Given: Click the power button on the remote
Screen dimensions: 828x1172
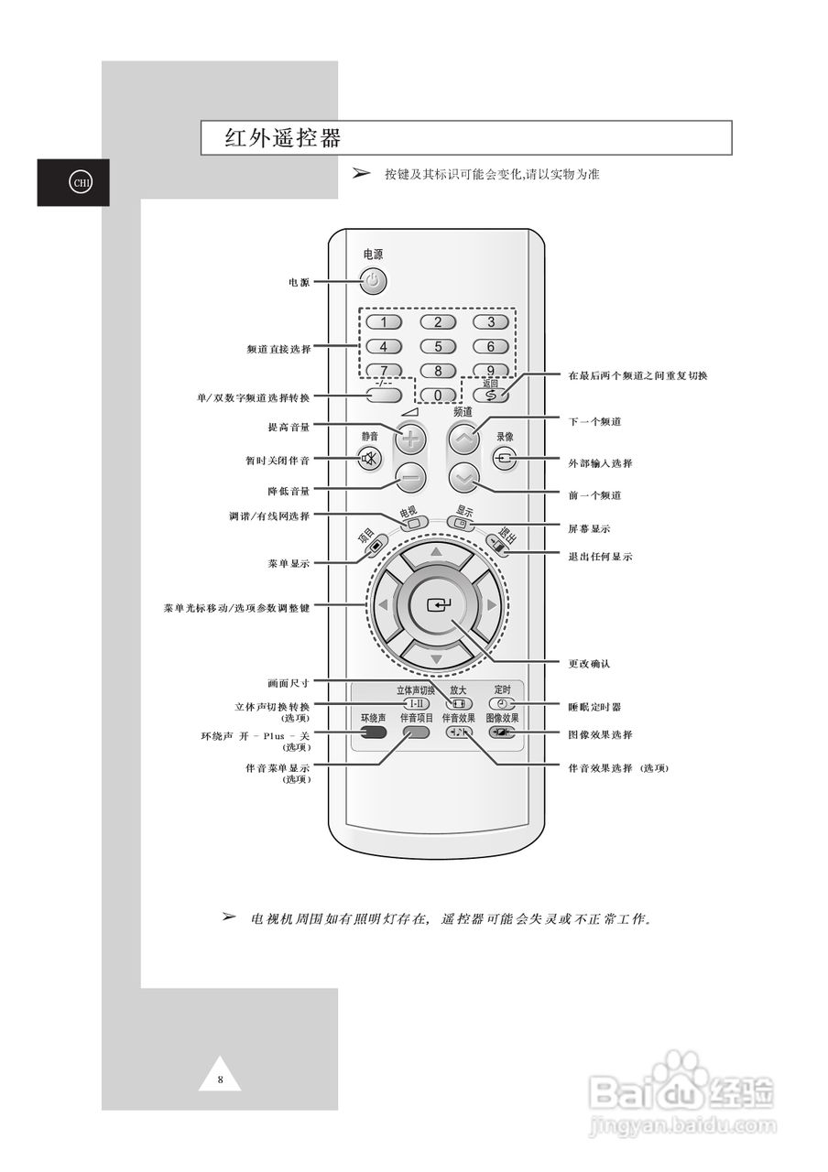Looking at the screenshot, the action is tap(373, 281).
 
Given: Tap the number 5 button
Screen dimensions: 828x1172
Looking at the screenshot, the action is tap(438, 346).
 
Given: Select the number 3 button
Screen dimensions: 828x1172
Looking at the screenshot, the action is tap(491, 321).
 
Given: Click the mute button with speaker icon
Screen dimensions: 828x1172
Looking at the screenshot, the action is tap(369, 459).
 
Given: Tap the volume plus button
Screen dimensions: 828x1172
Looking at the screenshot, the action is tap(410, 439).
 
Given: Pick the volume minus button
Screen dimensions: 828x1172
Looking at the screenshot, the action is tap(410, 478).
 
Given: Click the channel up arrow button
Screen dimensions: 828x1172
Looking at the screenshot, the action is tap(464, 439).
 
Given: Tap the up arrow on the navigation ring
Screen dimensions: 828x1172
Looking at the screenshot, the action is tap(437, 553).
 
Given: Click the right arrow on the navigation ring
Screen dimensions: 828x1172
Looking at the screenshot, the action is tap(491, 605).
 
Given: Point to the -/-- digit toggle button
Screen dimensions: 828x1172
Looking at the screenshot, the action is tap(384, 396).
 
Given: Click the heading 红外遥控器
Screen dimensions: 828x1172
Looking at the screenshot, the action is tap(283, 138).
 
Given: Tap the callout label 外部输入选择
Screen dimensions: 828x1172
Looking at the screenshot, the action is tap(600, 463).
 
